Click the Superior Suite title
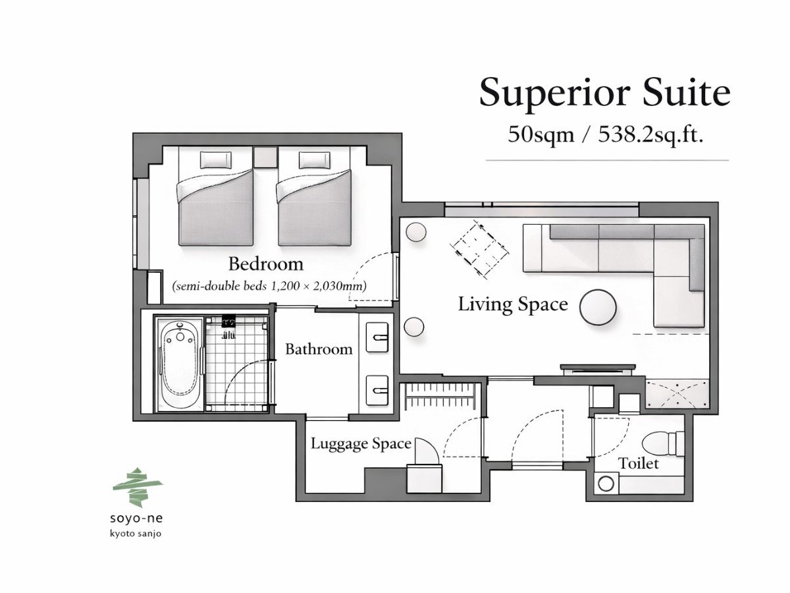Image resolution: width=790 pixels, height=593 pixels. pos(604,92)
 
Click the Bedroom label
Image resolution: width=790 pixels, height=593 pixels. pos(266,264)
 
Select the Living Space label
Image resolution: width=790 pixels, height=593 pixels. pos(513,304)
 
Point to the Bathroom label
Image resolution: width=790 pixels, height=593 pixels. pos(319,349)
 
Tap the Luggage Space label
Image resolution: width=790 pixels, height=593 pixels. pos(361,444)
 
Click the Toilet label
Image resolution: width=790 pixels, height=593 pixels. pos(639,463)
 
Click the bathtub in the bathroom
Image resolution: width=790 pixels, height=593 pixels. pos(178,364)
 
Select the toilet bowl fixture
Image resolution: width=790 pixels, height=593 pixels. pos(663,443)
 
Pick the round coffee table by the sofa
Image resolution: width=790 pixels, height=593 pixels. pos(598,307)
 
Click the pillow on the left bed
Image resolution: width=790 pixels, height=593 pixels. pos(215,159)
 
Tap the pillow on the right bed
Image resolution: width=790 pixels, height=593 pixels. pos(315,159)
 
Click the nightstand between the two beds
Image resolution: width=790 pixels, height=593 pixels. pos(265,157)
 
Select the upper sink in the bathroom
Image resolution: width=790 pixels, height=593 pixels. pos(377,337)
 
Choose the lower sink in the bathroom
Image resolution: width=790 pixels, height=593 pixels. pos(377,391)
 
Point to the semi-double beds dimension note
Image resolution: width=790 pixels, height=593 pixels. pos(269,286)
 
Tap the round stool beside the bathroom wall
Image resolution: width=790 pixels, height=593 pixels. pos(414,327)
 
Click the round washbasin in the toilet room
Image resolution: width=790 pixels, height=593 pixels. pos(606,484)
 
